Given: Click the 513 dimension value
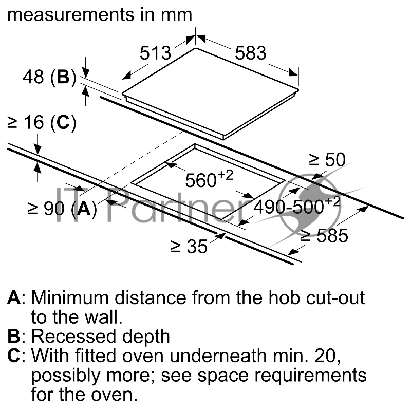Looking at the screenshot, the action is pyautogui.click(x=155, y=53).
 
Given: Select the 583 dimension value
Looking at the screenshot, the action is pyautogui.click(x=251, y=53).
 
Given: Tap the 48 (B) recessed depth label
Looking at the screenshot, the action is pyautogui.click(x=49, y=78).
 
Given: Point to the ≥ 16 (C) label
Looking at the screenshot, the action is pyautogui.click(x=42, y=123).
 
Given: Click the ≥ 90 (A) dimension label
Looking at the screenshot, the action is pyautogui.click(x=62, y=209).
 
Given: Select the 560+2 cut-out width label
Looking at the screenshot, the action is pyautogui.click(x=209, y=179).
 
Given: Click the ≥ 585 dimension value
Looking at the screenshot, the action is pyautogui.click(x=325, y=235).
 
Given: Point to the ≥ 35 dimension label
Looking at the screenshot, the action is pyautogui.click(x=189, y=247).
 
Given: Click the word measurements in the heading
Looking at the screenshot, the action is pyautogui.click(x=71, y=15).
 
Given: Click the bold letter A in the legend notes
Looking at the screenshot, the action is pyautogui.click(x=14, y=298).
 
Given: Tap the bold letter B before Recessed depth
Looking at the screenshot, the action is pyautogui.click(x=14, y=337).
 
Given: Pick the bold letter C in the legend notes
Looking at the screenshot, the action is pyautogui.click(x=14, y=356).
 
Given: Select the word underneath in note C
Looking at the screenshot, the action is pyautogui.click(x=218, y=356).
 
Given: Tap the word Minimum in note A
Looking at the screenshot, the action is pyautogui.click(x=70, y=298).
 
